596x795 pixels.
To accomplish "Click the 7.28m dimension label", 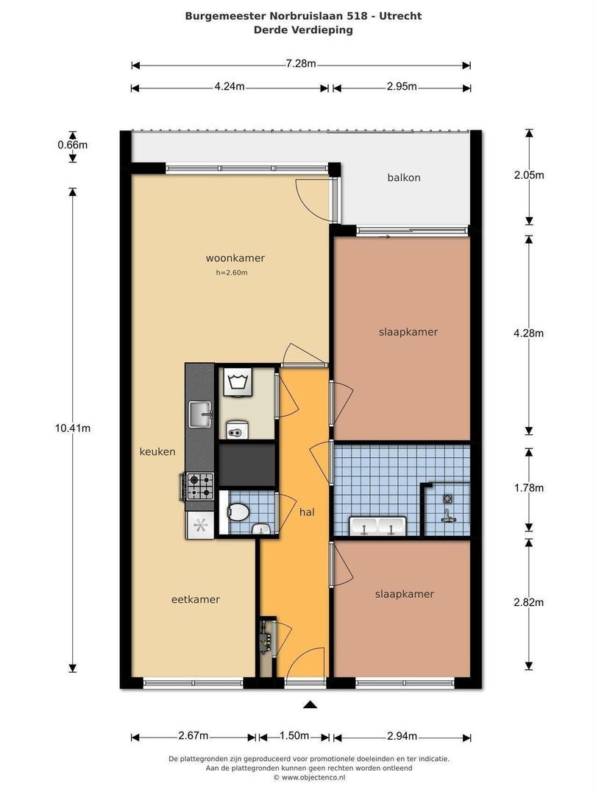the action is (300, 63).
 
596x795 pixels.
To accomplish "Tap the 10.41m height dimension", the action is (72, 428).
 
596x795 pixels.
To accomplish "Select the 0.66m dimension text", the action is (72, 145).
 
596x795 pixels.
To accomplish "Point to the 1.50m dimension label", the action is (294, 735).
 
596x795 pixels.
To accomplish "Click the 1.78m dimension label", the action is (528, 488).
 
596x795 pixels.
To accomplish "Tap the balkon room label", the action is (404, 177).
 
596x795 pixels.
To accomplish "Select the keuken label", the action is (157, 452).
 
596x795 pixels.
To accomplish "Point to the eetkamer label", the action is (196, 599).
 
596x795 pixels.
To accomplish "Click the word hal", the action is (307, 512).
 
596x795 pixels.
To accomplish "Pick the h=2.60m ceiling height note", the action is (232, 273).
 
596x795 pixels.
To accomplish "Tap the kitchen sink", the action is (201, 414).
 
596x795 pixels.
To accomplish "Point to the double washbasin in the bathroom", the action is (377, 526).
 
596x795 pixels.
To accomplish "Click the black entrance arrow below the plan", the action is (311, 704).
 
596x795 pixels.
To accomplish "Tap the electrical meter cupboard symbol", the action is (266, 640).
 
